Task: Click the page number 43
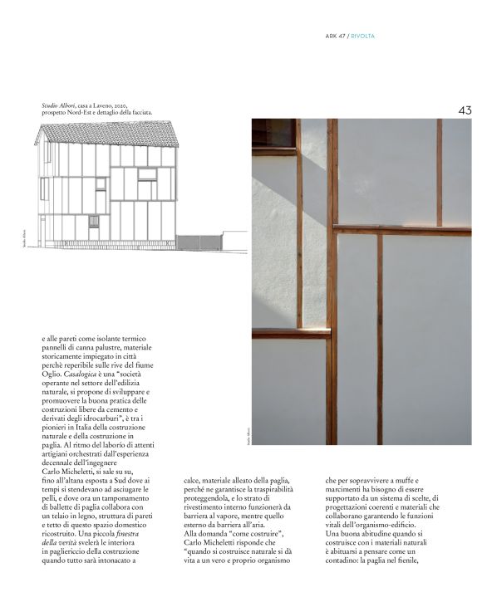tap(465, 110)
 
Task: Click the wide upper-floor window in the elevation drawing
tap(146, 174)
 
